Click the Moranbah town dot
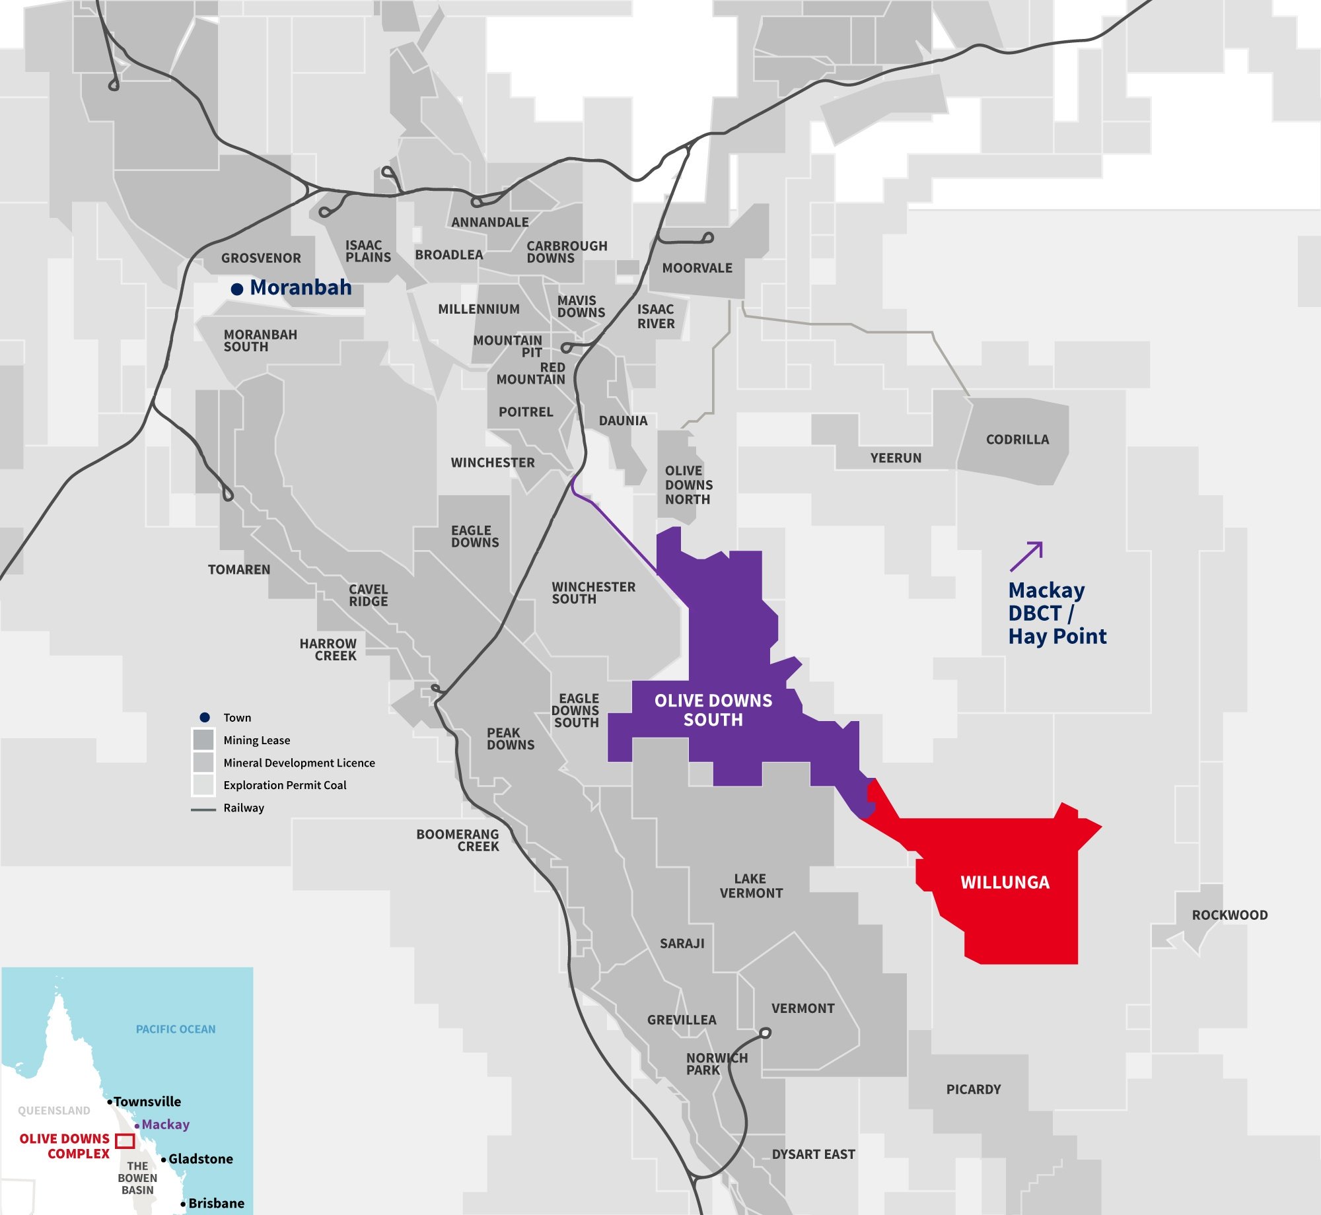[x=237, y=289]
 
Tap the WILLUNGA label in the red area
[x=1005, y=883]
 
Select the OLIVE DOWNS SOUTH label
[x=713, y=710]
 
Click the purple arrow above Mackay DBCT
[x=1026, y=556]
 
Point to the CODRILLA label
[x=1017, y=440]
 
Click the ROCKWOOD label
[x=1229, y=915]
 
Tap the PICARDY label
[x=973, y=1090]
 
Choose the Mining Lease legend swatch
[x=203, y=740]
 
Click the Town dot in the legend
[x=205, y=717]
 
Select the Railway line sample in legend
[x=203, y=809]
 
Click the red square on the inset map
[x=125, y=1140]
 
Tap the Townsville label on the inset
[x=147, y=1101]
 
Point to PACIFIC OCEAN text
[x=176, y=1029]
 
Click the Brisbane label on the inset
[x=216, y=1203]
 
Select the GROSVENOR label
[x=261, y=258]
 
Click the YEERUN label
[x=896, y=458]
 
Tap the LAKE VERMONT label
[x=751, y=886]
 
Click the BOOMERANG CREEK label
[x=458, y=841]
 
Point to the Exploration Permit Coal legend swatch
[x=203, y=784]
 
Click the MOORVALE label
[x=697, y=268]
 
